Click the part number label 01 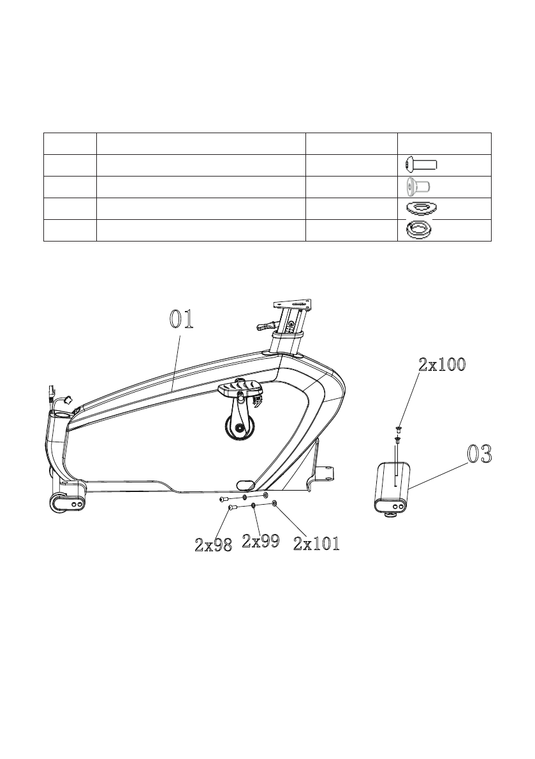point(182,319)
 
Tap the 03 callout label point(480,454)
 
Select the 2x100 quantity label point(442,365)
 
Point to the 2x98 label point(213,545)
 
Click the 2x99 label point(260,540)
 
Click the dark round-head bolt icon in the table point(421,165)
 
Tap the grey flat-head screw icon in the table point(418,186)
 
